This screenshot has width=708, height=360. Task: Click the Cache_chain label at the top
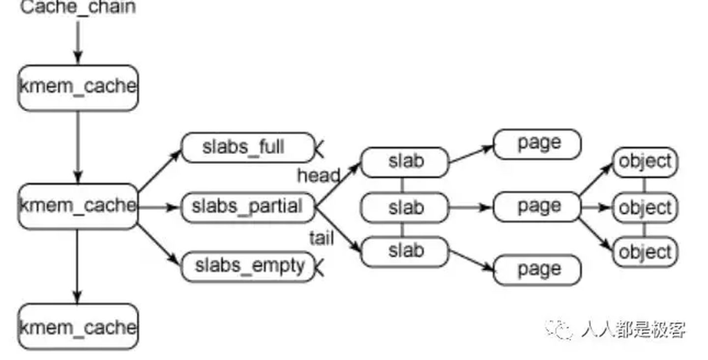coord(78,8)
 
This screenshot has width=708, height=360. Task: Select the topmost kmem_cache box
coord(78,88)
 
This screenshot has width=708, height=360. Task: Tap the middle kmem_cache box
coord(78,206)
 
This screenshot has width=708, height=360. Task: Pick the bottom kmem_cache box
coord(78,327)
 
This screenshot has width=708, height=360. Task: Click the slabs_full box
coord(247,147)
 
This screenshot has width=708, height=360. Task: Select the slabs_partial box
coord(247,207)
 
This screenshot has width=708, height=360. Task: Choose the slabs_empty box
coord(247,267)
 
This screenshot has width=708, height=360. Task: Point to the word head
coord(318,176)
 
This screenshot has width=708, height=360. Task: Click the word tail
coord(321,239)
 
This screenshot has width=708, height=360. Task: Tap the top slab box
coord(405,162)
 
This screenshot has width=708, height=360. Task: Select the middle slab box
coord(405,208)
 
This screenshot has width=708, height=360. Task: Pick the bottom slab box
coord(405,252)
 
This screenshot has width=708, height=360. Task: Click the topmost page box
coord(537,144)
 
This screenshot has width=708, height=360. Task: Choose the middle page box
coord(537,207)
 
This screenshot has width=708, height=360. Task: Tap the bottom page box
coord(537,270)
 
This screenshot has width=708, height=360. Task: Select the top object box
coord(645,162)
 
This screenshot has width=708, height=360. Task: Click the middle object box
coord(645,208)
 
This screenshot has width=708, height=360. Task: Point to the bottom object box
coord(645,252)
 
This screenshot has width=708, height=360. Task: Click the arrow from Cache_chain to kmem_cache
coord(78,42)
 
